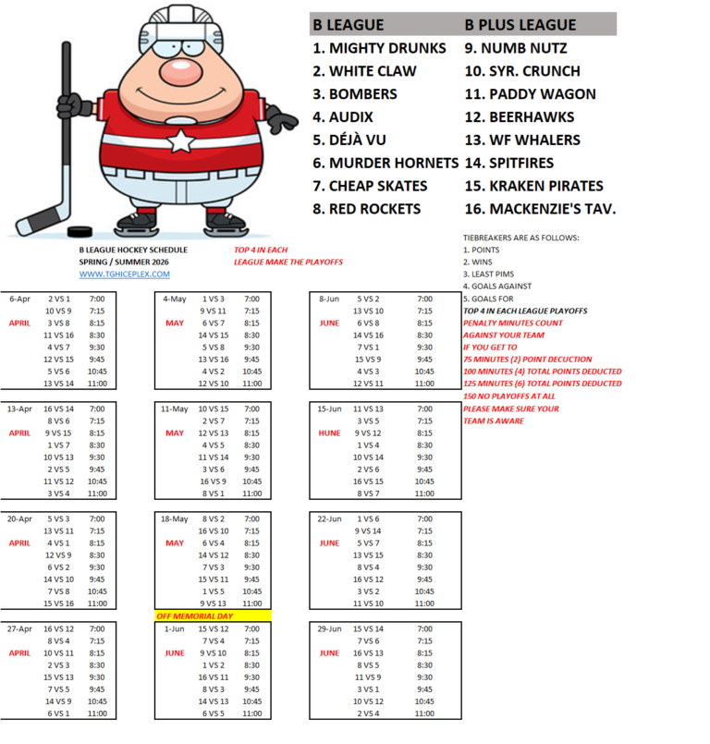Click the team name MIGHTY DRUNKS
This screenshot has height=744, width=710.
click(379, 48)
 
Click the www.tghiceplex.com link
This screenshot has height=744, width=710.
click(124, 274)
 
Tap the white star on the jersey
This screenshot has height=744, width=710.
click(181, 141)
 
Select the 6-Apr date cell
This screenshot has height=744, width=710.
click(20, 299)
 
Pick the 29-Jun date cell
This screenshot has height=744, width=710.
click(330, 628)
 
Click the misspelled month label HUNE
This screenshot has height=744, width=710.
click(330, 433)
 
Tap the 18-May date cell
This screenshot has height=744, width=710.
click(175, 519)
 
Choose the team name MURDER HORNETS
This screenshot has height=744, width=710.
click(386, 163)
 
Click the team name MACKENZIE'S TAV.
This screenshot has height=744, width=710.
click(540, 209)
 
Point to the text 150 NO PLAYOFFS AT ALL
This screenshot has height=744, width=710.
click(509, 396)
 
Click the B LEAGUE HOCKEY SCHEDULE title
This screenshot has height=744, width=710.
click(133, 250)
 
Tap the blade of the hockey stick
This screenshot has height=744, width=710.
click(37, 223)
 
